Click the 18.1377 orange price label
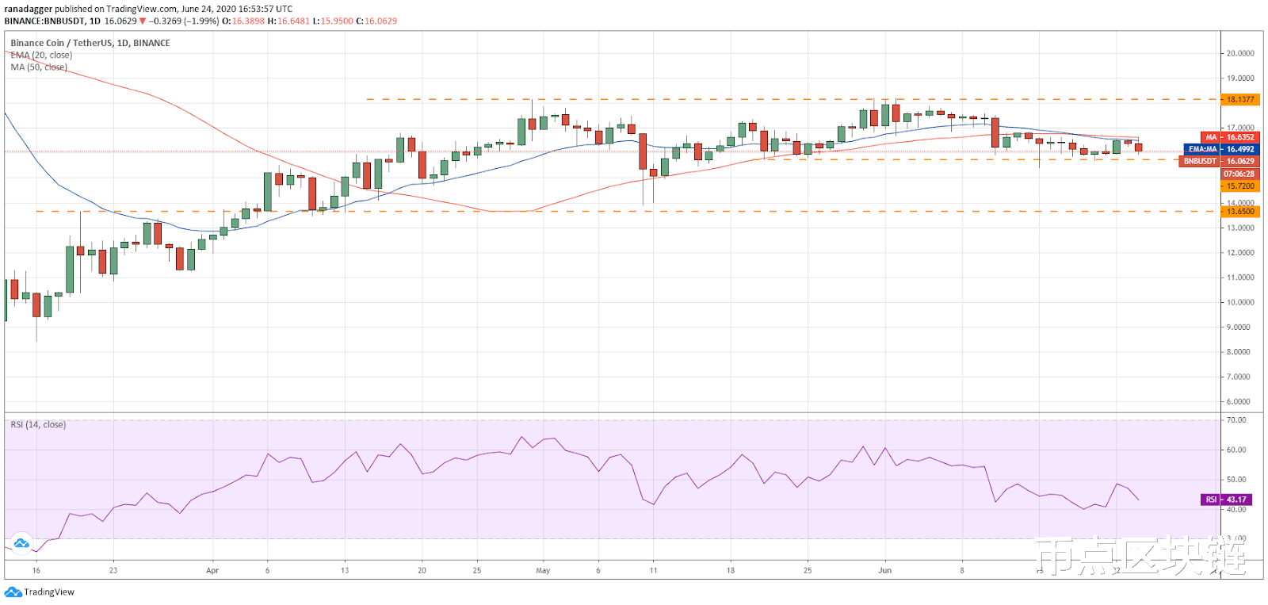click(x=1240, y=99)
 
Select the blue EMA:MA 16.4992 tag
click(x=1221, y=149)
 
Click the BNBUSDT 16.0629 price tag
click(x=1220, y=161)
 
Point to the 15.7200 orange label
click(x=1240, y=186)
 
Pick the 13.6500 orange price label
click(x=1240, y=212)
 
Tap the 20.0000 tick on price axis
click(x=1240, y=53)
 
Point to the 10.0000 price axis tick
click(x=1240, y=302)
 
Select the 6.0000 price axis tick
click(x=1240, y=401)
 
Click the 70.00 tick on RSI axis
click(x=1236, y=419)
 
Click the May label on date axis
click(x=543, y=570)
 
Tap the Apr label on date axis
click(x=212, y=570)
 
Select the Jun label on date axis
click(x=884, y=570)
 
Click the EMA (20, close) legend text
click(x=41, y=56)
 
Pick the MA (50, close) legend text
click(x=39, y=67)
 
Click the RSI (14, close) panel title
click(x=38, y=425)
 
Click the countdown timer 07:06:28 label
click(x=1239, y=174)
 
